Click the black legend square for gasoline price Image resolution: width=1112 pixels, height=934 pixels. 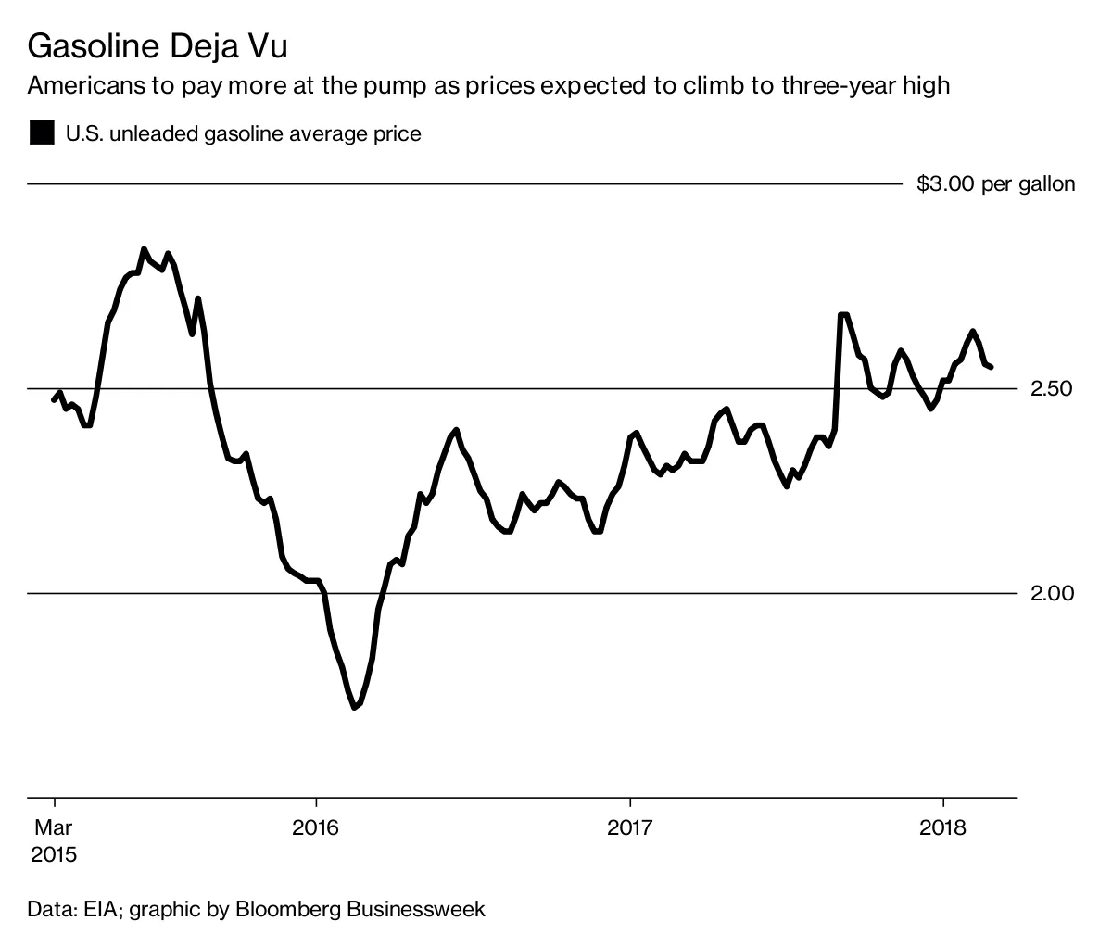coord(42,133)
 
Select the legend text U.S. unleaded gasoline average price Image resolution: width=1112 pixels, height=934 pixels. coord(243,134)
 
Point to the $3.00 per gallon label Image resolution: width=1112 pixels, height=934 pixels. coord(995,183)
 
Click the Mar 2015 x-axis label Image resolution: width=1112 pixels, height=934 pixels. coord(54,839)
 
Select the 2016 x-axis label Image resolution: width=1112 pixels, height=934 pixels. coord(316,827)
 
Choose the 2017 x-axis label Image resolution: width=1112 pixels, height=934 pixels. coord(630,827)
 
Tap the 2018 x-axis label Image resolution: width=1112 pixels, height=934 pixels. coord(943,827)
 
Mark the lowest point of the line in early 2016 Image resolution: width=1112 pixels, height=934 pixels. coord(354,708)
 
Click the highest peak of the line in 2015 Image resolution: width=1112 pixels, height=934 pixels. coord(144,248)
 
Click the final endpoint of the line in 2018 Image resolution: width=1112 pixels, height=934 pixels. coord(992,367)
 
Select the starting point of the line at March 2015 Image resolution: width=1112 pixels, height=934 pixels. coord(54,399)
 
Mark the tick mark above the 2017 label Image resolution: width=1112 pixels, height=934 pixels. coord(630,802)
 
